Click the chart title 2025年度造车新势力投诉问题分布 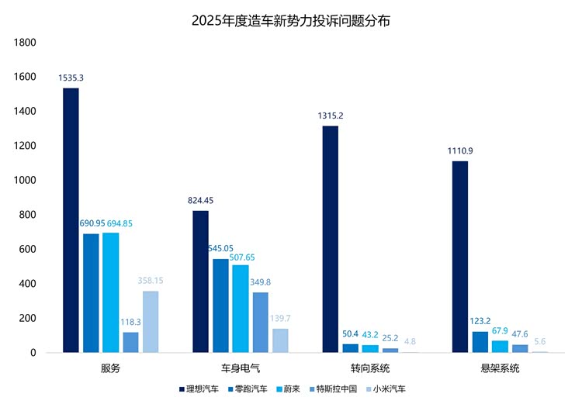click(x=291, y=21)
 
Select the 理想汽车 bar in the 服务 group click(x=71, y=220)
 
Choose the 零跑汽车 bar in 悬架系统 click(x=480, y=342)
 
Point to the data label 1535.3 click(x=71, y=78)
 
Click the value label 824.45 click(x=200, y=201)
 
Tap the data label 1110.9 click(x=460, y=151)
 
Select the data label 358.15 click(x=151, y=280)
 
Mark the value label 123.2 click(x=480, y=320)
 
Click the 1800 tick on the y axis click(x=26, y=43)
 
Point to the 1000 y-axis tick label click(x=26, y=181)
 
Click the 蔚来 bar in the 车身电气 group click(x=240, y=309)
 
